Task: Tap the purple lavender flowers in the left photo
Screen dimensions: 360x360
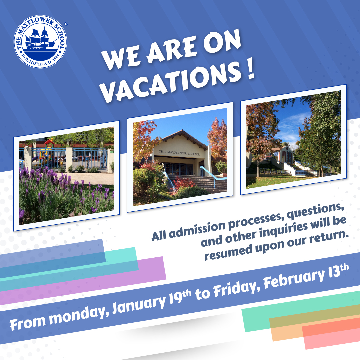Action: click(60, 197)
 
